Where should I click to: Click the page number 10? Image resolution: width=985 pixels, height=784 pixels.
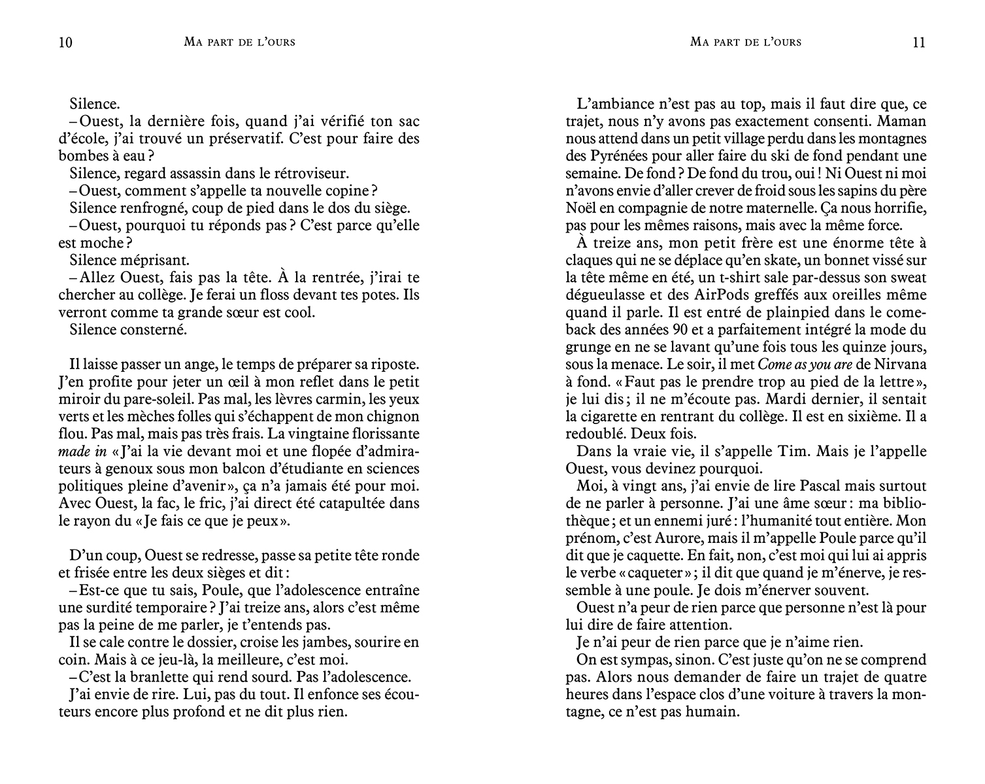point(65,43)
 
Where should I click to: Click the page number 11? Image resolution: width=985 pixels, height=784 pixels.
point(918,43)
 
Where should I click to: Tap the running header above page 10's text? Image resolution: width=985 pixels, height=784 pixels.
point(240,42)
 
